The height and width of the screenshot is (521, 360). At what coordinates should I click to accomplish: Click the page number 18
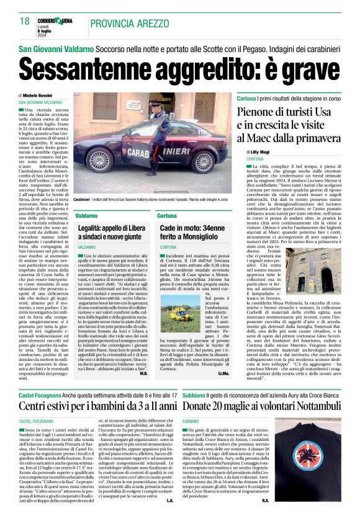pyautogui.click(x=25, y=22)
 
